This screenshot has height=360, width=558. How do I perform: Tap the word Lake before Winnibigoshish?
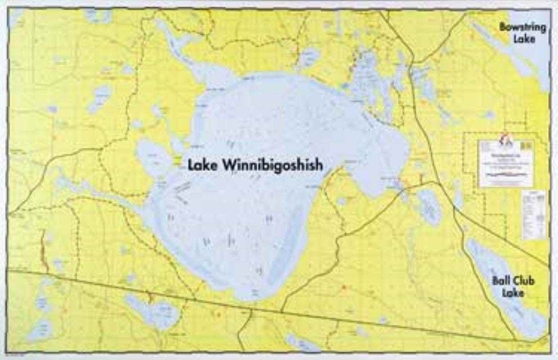pyautogui.click(x=201, y=165)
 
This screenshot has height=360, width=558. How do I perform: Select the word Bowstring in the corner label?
pyautogui.click(x=522, y=27)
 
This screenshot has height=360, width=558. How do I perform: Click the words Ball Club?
pyautogui.click(x=513, y=281)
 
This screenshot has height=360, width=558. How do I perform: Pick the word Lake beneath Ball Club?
pyautogui.click(x=513, y=293)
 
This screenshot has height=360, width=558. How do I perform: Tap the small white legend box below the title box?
pyautogui.click(x=534, y=214)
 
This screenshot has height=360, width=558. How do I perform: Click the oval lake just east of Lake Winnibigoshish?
pyautogui.click(x=429, y=207)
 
